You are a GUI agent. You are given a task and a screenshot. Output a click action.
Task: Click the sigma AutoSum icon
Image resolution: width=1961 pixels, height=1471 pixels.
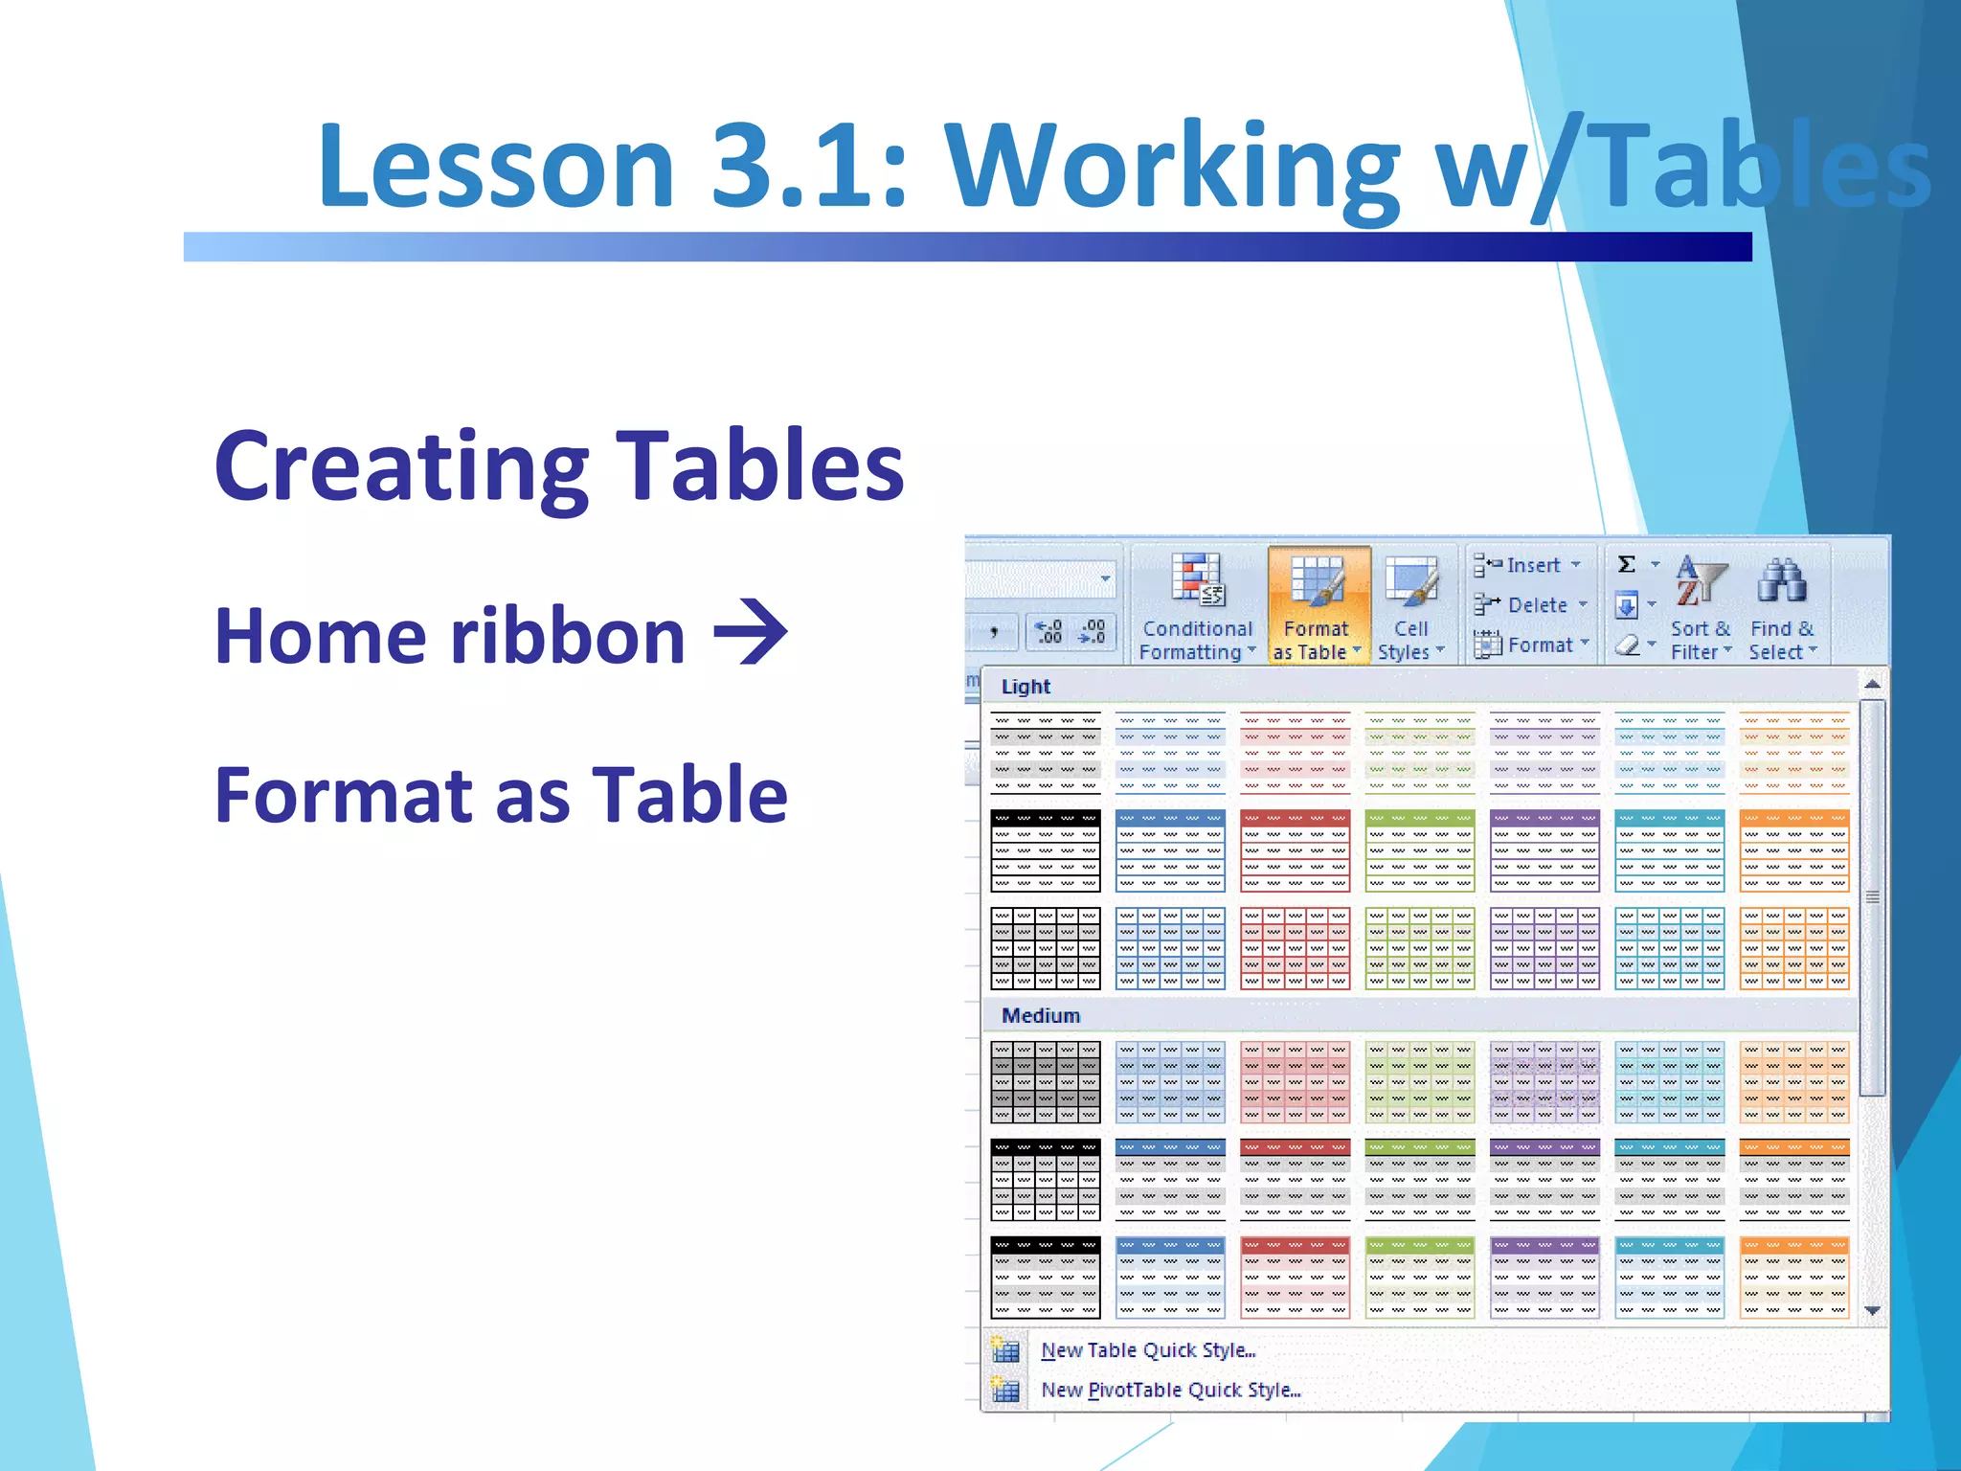(x=1626, y=564)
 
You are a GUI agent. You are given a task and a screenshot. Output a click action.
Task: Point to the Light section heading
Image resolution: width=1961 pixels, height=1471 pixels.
(x=1026, y=687)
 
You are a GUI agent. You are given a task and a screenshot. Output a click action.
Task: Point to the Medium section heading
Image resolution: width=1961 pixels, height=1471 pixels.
(x=1041, y=1015)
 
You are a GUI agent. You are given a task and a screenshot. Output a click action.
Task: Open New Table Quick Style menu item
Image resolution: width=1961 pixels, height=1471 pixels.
(x=1147, y=1350)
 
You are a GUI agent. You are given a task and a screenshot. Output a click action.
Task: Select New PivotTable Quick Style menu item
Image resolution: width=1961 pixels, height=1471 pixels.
(x=1170, y=1391)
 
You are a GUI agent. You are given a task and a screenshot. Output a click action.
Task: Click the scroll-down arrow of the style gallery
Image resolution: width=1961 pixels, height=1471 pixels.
(x=1873, y=1310)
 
